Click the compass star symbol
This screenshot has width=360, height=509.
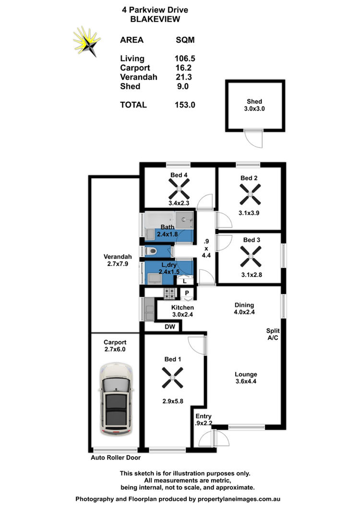87,42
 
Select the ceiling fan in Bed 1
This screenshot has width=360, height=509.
173,377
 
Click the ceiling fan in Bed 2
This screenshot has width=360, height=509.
250,194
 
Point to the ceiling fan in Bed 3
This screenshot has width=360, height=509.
251,256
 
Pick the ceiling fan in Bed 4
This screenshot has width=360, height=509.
179,189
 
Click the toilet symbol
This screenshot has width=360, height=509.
150,251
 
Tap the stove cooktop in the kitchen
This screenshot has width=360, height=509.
169,293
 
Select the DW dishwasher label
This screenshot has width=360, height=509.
170,327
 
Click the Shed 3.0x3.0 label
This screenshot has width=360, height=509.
254,105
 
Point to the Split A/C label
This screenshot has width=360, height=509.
273,334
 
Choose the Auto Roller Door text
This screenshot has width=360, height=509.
116,458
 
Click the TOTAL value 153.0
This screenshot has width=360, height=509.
185,105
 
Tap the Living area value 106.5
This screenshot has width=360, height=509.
185,59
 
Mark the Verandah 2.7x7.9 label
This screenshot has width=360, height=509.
118,260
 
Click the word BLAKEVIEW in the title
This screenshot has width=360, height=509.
155,19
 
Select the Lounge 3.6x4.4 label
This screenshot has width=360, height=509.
246,378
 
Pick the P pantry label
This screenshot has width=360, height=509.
187,293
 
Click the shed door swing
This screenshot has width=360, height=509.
253,139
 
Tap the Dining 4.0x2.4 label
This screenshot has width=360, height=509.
244,309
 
